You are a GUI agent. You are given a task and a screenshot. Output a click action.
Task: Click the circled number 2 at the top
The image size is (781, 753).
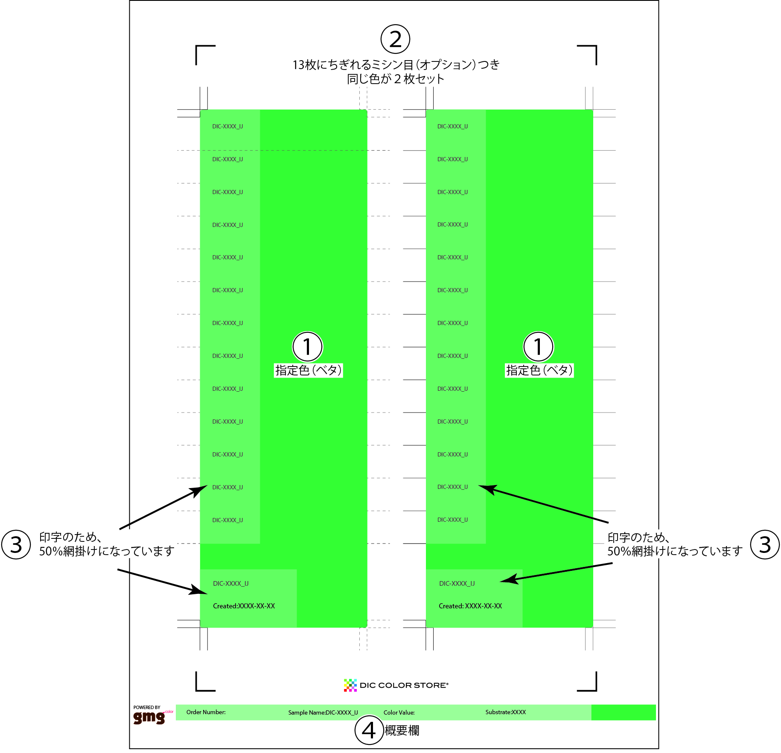tap(395, 39)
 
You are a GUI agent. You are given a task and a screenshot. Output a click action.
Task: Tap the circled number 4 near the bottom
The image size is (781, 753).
tap(369, 730)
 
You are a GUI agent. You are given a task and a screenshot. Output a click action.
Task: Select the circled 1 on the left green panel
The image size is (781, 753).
tap(307, 346)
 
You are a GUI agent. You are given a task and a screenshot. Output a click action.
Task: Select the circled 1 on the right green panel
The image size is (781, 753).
tap(538, 346)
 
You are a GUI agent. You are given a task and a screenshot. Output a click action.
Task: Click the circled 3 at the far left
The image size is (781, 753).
tap(16, 544)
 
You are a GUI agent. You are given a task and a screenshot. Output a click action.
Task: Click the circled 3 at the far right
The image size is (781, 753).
tap(765, 544)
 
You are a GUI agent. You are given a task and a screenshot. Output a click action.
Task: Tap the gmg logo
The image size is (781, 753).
tap(149, 717)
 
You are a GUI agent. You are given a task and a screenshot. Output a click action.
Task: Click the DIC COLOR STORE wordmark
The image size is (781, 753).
tap(404, 685)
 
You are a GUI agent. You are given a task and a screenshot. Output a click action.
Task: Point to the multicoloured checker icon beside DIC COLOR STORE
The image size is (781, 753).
tap(350, 685)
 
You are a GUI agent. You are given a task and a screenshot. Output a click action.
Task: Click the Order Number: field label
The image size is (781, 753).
tap(206, 712)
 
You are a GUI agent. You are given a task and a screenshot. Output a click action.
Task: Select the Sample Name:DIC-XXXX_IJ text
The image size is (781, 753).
tap(323, 712)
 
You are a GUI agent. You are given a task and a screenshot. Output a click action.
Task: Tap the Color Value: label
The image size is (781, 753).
tap(399, 712)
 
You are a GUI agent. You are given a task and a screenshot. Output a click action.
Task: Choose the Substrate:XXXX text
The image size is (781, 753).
tap(506, 712)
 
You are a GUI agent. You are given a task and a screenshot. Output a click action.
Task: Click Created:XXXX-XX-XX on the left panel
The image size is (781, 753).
tap(244, 606)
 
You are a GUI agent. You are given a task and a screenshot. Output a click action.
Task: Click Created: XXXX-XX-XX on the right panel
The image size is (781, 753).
tap(470, 606)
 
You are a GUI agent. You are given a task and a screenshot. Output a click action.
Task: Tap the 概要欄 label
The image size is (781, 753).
tap(402, 731)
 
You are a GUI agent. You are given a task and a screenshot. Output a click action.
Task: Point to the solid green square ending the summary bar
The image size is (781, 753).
tap(624, 712)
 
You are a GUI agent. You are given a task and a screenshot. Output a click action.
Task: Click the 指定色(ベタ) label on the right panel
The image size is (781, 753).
tap(539, 370)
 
